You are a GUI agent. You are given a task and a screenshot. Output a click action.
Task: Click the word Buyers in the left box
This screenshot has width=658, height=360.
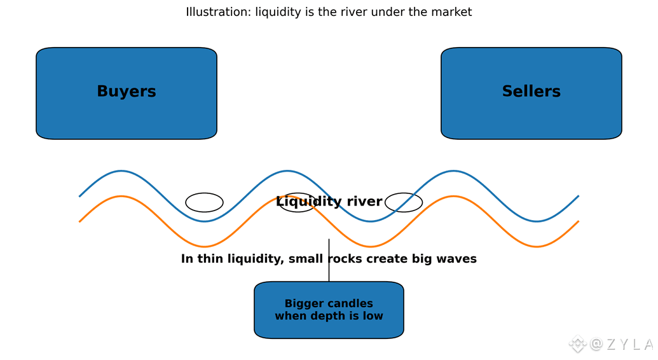pos(126,92)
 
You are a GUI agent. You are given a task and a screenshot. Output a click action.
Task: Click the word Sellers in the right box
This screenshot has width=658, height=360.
pos(531,92)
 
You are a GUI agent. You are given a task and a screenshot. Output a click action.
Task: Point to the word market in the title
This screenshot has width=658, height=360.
pos(450,12)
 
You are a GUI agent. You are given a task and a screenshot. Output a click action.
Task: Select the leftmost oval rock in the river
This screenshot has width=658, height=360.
pos(204,202)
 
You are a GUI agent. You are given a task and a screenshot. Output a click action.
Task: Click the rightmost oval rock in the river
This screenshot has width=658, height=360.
pos(404,202)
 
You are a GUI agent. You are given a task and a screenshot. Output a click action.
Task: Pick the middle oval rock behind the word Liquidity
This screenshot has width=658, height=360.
pos(297,202)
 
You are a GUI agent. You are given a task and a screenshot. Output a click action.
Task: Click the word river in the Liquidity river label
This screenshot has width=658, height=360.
pos(366,202)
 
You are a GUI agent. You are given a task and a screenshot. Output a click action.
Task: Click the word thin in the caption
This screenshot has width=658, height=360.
pos(208,259)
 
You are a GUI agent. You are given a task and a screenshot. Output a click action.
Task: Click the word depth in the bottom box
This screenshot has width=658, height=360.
pos(328,316)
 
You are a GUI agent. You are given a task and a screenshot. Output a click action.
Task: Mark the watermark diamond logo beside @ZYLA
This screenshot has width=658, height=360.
pos(577,344)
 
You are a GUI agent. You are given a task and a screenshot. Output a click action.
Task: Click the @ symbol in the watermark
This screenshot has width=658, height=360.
pos(596,344)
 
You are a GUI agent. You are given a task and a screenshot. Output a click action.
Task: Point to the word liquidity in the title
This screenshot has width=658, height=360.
pos(278,12)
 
